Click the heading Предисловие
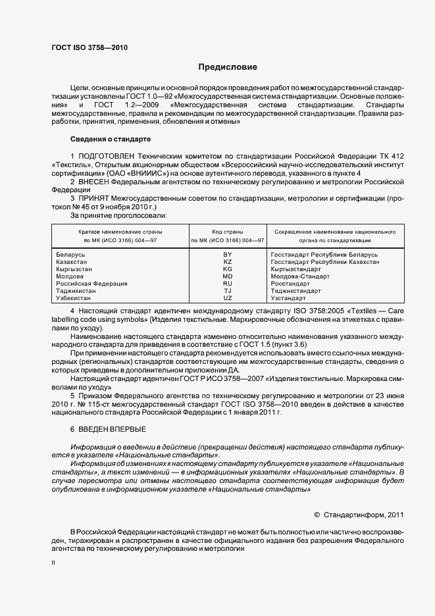(x=228, y=67)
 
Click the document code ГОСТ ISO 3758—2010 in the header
(x=90, y=49)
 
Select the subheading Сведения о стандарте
(x=111, y=139)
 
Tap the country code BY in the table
(x=228, y=254)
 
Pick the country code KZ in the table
(x=228, y=261)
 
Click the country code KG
(x=228, y=269)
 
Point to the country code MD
(x=228, y=276)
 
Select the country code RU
(x=228, y=284)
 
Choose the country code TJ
(x=228, y=291)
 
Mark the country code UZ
(x=228, y=298)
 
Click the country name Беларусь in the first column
(x=71, y=254)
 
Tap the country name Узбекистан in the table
(x=74, y=298)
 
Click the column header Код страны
(x=228, y=232)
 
